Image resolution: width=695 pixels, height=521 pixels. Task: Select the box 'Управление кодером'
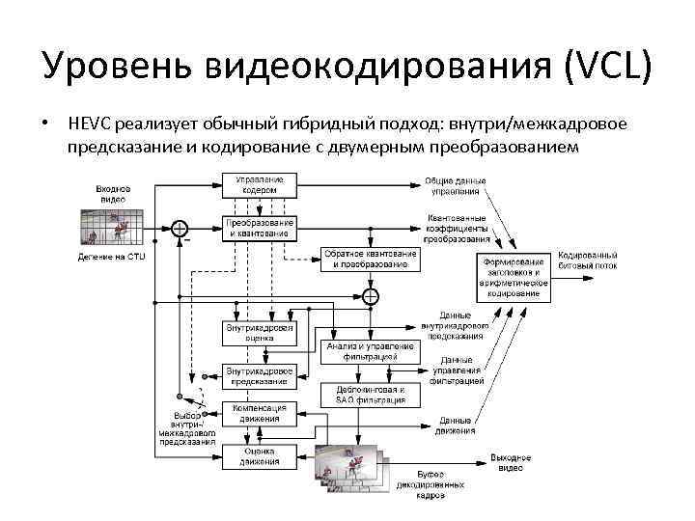260,185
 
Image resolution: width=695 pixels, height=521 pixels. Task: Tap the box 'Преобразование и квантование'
260,228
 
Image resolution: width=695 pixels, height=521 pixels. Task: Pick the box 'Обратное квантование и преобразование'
371,258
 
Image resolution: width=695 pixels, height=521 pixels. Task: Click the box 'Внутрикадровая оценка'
260,333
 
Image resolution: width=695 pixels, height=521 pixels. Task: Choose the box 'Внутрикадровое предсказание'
260,375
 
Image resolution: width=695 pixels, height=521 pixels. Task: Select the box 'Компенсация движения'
260,413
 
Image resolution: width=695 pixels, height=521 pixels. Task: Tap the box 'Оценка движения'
260,454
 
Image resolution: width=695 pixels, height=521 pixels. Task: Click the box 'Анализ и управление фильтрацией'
371,351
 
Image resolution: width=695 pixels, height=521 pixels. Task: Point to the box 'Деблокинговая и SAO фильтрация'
371,394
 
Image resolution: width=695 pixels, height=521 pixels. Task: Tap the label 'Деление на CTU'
112,257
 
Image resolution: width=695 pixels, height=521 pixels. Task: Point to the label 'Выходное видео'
511,462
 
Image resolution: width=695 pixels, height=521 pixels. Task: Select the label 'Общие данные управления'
456,185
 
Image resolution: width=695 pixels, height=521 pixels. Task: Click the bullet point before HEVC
45,124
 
